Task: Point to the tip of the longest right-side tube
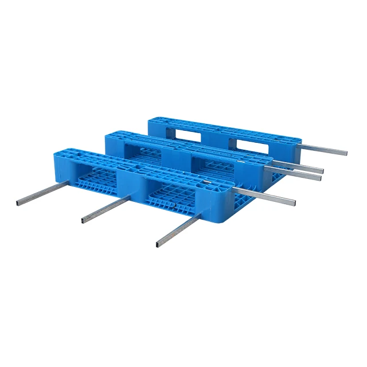pos(345,153)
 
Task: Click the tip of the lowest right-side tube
pos(294,202)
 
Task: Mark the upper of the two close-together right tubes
pos(322,170)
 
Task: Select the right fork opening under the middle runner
pos(212,166)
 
